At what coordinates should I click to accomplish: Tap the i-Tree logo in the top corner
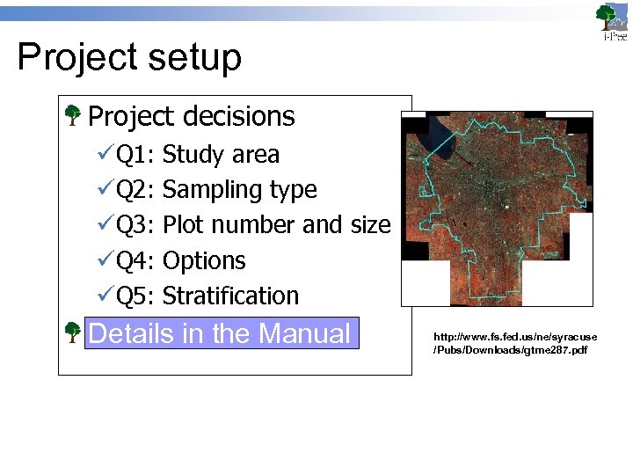[x=611, y=22]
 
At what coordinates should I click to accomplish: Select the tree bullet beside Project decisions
[x=74, y=114]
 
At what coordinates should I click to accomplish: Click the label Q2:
[x=136, y=190]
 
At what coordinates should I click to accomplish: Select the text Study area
[x=221, y=155]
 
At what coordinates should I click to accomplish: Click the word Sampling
[x=206, y=191]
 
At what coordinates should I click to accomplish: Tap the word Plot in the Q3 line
[x=182, y=225]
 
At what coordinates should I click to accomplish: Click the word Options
[x=204, y=261]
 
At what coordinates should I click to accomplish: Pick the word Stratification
[x=230, y=296]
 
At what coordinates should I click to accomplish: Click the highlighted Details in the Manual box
[x=221, y=333]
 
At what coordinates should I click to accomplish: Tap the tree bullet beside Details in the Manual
[x=74, y=332]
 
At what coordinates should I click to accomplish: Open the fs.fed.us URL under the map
[x=514, y=343]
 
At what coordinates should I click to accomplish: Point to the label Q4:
[x=136, y=261]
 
